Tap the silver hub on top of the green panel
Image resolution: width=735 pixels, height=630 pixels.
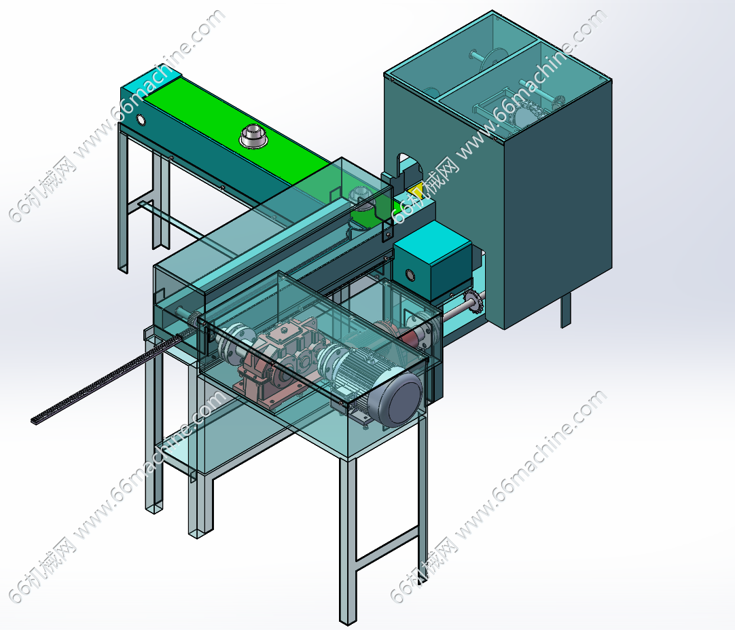pos(253,136)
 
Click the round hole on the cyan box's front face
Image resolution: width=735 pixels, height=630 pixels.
pos(410,274)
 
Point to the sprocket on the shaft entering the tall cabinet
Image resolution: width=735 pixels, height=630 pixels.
pos(473,299)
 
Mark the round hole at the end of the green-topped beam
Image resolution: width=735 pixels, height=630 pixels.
pos(140,120)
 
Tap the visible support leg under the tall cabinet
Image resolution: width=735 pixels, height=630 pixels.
pos(567,310)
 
